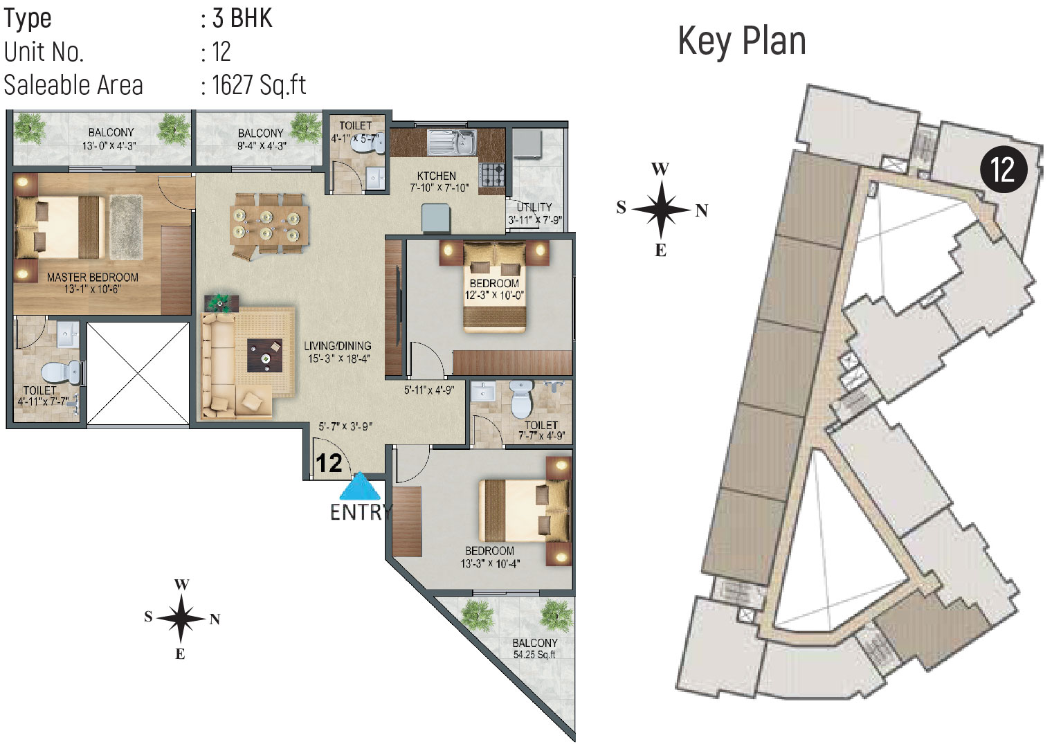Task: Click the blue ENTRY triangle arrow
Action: [360, 487]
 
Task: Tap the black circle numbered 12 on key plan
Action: [1004, 170]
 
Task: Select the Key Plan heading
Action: [742, 42]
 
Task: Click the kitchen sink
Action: [451, 142]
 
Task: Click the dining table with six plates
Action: [269, 226]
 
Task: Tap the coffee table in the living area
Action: [265, 355]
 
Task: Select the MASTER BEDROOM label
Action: [93, 277]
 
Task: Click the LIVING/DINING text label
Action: [337, 346]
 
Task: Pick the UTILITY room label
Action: [534, 207]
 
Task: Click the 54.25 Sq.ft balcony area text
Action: [534, 655]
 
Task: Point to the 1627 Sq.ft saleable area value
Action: [259, 86]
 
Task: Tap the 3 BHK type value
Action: [242, 18]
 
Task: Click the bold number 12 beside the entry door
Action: [329, 464]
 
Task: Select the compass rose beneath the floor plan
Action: [181, 619]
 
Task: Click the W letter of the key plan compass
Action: [660, 169]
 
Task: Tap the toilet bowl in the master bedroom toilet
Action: [62, 373]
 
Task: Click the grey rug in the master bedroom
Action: [126, 227]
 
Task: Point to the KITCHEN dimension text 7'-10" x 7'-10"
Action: [439, 188]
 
